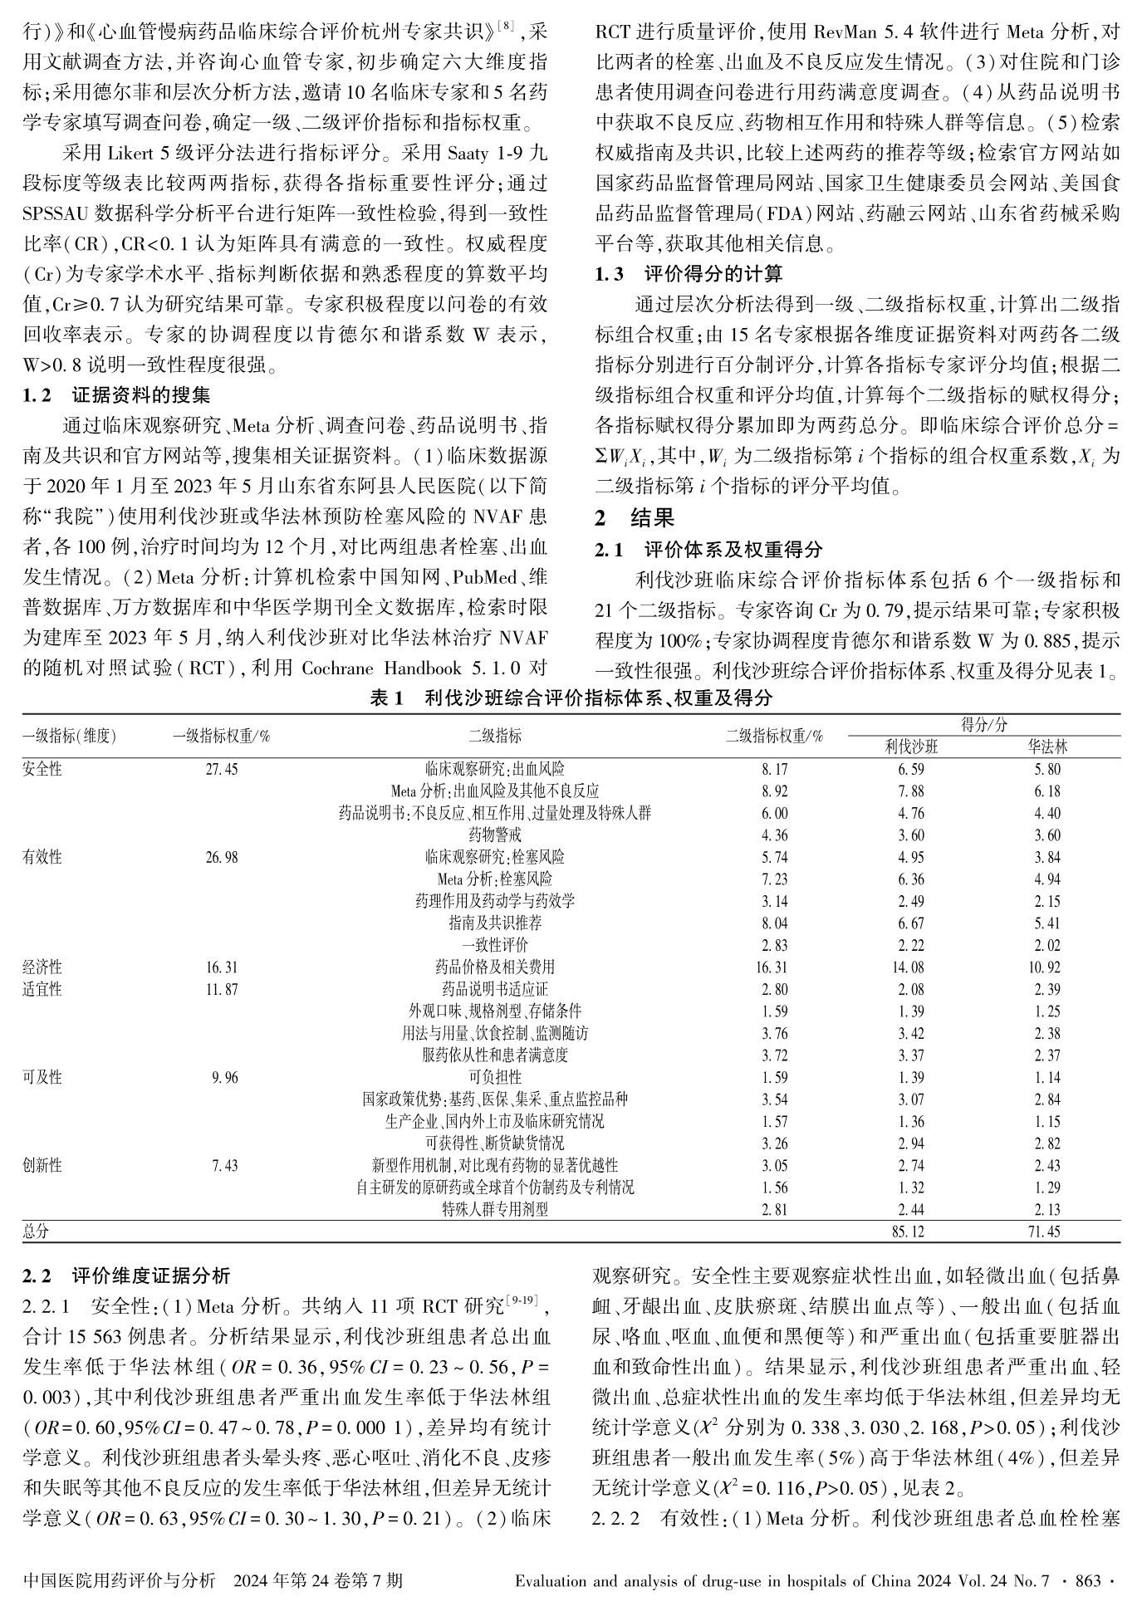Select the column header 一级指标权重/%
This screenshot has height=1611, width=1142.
(x=222, y=736)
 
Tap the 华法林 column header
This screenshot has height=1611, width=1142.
(x=1047, y=747)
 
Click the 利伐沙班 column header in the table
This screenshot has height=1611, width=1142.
(x=910, y=747)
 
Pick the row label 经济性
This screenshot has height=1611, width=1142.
(x=42, y=967)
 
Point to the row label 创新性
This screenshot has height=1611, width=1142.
(x=42, y=1166)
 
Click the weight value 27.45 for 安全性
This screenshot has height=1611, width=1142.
(x=222, y=770)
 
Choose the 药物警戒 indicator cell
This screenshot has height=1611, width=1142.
(x=495, y=835)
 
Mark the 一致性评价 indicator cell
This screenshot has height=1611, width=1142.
(x=495, y=945)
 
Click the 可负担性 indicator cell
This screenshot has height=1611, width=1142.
(x=495, y=1078)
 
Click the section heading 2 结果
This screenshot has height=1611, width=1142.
(x=635, y=518)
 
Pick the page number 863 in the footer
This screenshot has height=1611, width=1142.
(x=1088, y=1579)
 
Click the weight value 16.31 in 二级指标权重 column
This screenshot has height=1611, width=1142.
(x=773, y=967)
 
